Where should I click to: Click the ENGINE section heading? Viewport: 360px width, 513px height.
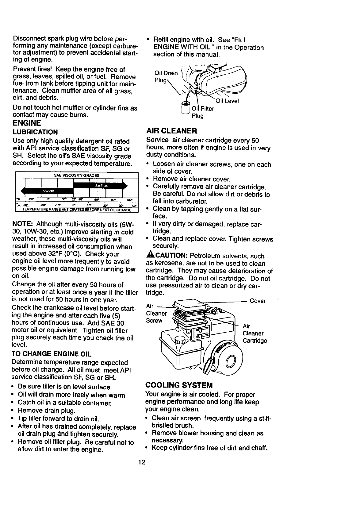27,123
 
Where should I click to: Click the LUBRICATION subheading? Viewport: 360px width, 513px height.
35,132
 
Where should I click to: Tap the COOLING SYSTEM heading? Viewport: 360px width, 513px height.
179,385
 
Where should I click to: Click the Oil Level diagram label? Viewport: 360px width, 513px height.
227,101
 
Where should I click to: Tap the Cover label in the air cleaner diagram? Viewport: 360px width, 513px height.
258,301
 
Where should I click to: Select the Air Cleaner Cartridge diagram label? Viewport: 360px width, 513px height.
254,334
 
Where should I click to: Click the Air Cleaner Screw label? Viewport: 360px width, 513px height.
156,314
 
